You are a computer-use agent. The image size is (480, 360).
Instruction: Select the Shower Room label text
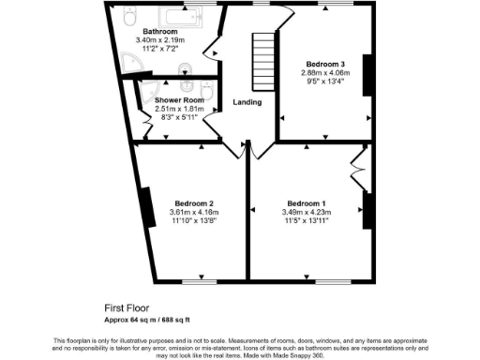coord(179,100)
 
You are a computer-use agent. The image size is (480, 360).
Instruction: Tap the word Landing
coord(247,102)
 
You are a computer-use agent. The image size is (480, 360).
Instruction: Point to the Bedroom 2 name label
coord(195,203)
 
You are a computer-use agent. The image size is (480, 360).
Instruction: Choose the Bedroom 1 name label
coord(307,203)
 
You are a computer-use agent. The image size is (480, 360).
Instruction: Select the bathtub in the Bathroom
coord(188,17)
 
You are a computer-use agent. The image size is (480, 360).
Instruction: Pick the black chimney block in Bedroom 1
coord(368,211)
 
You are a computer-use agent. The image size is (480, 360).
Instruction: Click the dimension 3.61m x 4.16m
coord(195,213)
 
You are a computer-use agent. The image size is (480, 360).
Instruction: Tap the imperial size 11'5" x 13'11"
coord(307,222)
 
